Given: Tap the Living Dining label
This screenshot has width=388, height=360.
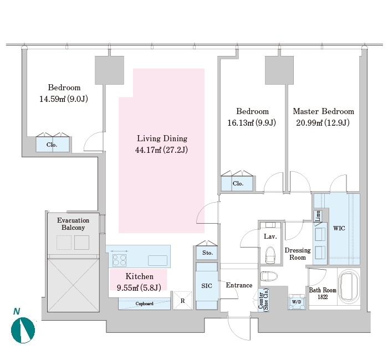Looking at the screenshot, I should pos(162,138).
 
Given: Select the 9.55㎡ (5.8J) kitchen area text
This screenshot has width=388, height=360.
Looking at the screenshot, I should pos(139,287).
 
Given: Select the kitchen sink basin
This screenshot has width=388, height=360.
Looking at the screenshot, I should pos(157,260).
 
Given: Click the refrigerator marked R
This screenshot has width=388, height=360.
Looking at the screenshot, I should pos(182,301).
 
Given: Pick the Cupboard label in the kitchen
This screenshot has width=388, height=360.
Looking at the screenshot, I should pos(144,304).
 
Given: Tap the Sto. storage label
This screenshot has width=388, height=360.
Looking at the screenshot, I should pos(207,253).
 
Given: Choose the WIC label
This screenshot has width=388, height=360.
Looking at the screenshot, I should pos(339,228).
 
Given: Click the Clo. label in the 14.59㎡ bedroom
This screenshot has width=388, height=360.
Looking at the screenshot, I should pos(52,145).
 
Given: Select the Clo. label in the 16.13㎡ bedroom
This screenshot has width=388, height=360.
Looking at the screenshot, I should pos(238,183).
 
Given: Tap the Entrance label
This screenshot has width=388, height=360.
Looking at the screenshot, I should pos(239,285).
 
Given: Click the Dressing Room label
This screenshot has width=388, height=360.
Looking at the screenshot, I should pos(298,254).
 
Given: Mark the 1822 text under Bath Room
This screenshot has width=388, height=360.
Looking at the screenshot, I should pos(323,297).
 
